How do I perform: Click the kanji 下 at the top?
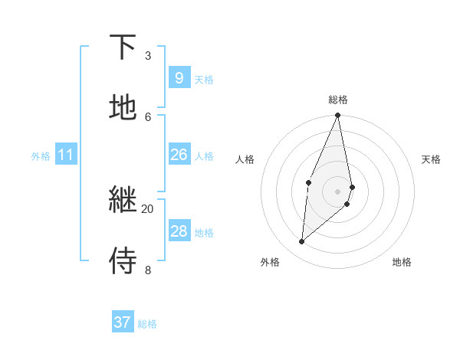(x=123, y=47)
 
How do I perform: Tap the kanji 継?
(x=123, y=200)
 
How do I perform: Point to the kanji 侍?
(x=123, y=260)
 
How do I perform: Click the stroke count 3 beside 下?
(x=148, y=55)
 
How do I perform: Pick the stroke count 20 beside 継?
(x=147, y=208)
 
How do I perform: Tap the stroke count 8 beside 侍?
(x=148, y=269)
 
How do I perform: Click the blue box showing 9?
(x=179, y=78)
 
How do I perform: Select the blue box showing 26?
(x=179, y=155)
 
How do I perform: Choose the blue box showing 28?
(x=179, y=231)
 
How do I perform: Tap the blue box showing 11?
(x=66, y=155)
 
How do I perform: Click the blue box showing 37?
(x=122, y=322)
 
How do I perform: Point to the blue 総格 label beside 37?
(x=147, y=324)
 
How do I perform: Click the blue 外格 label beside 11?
(x=41, y=156)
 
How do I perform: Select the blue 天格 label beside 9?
(x=204, y=80)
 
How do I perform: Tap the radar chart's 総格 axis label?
(x=338, y=100)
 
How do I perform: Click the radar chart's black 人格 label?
(x=245, y=159)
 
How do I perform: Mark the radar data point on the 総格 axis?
(x=338, y=116)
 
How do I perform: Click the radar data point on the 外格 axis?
(x=302, y=242)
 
